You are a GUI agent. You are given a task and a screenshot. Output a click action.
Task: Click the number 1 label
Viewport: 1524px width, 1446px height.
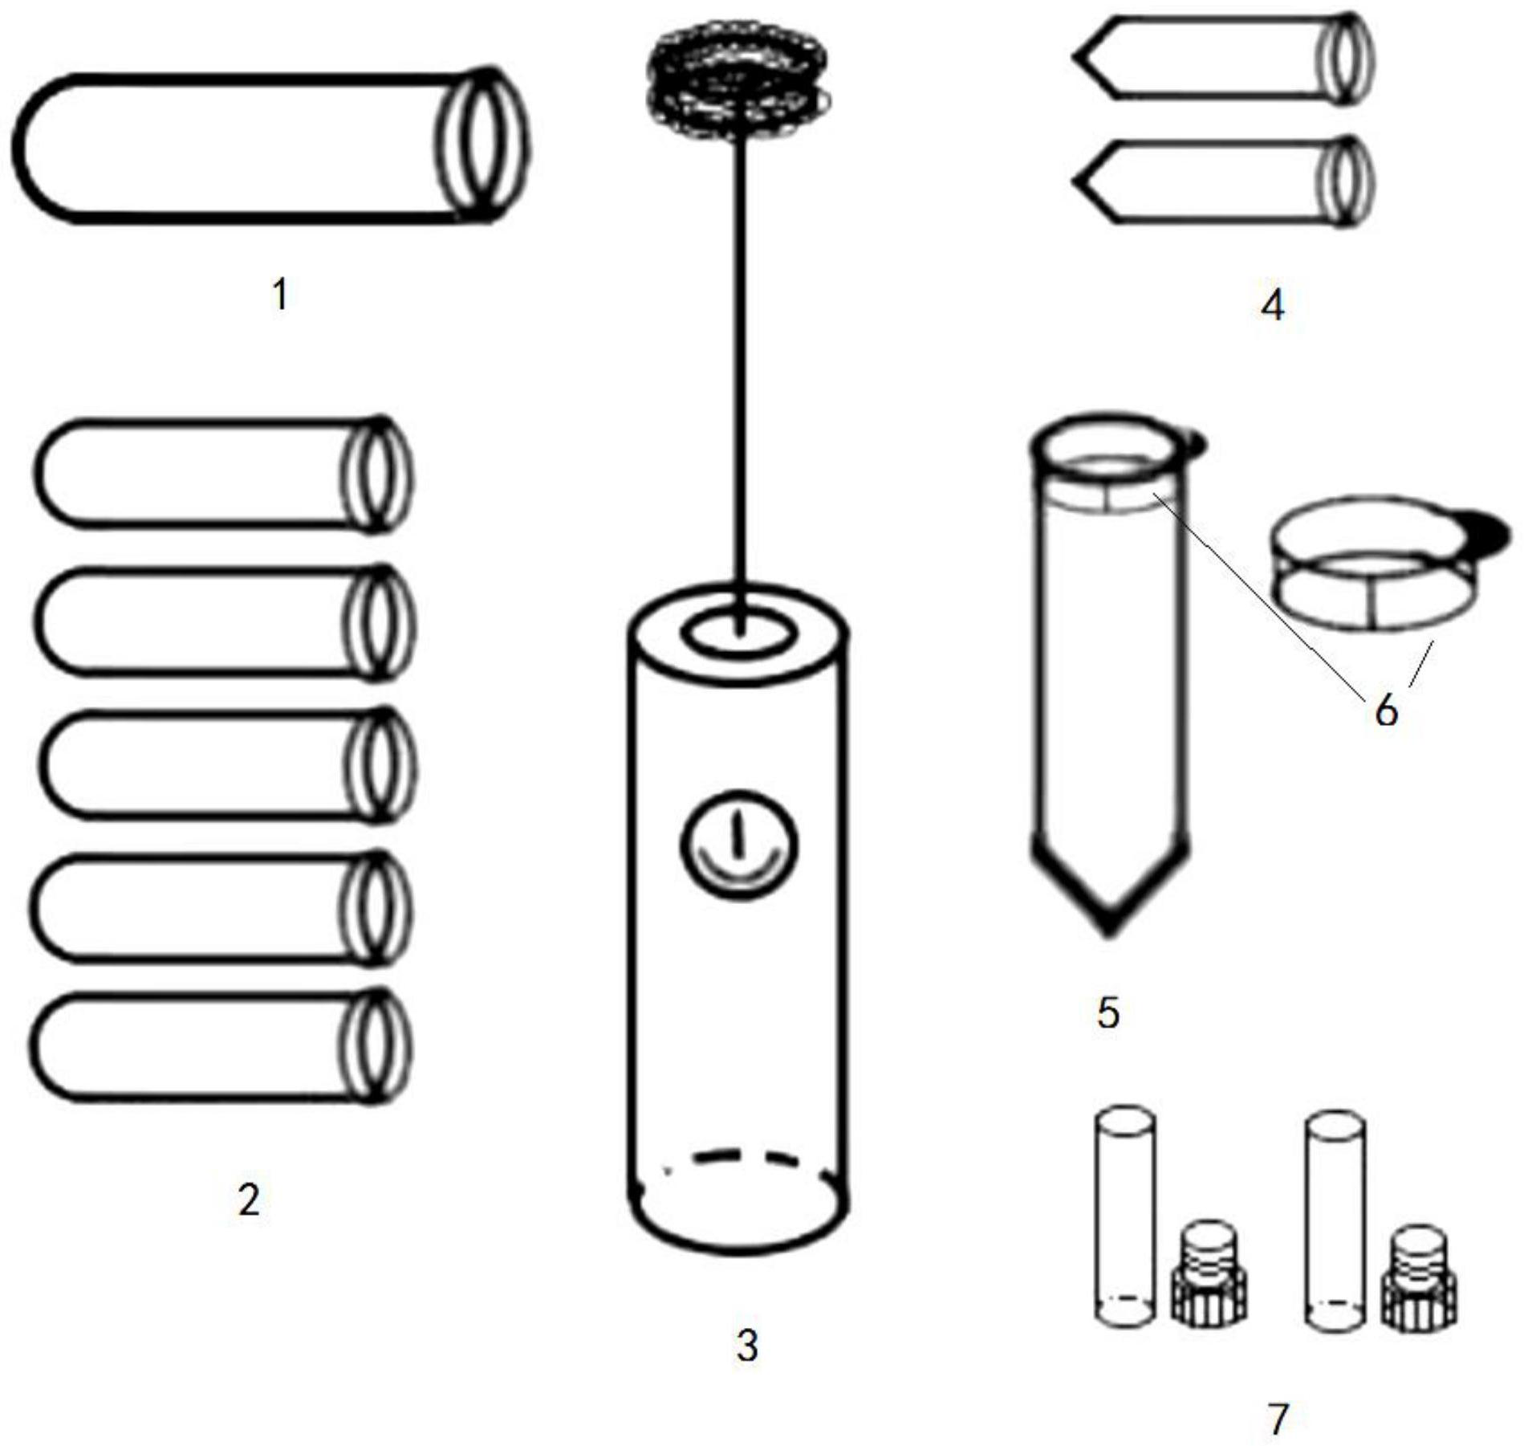[280, 294]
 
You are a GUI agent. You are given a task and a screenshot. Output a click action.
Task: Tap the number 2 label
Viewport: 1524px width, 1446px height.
[249, 1200]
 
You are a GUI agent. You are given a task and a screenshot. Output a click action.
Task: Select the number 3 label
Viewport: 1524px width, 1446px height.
[747, 1346]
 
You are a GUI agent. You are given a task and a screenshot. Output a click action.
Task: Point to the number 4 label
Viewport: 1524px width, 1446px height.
[1273, 305]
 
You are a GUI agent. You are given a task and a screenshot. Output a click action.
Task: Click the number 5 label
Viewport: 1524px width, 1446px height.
[1108, 1013]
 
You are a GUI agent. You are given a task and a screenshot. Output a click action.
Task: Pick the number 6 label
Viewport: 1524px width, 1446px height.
[1387, 711]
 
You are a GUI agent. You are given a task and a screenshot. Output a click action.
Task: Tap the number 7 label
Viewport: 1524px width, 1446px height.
[1278, 1419]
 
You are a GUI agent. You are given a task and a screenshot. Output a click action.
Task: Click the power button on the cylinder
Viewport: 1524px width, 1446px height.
[739, 844]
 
